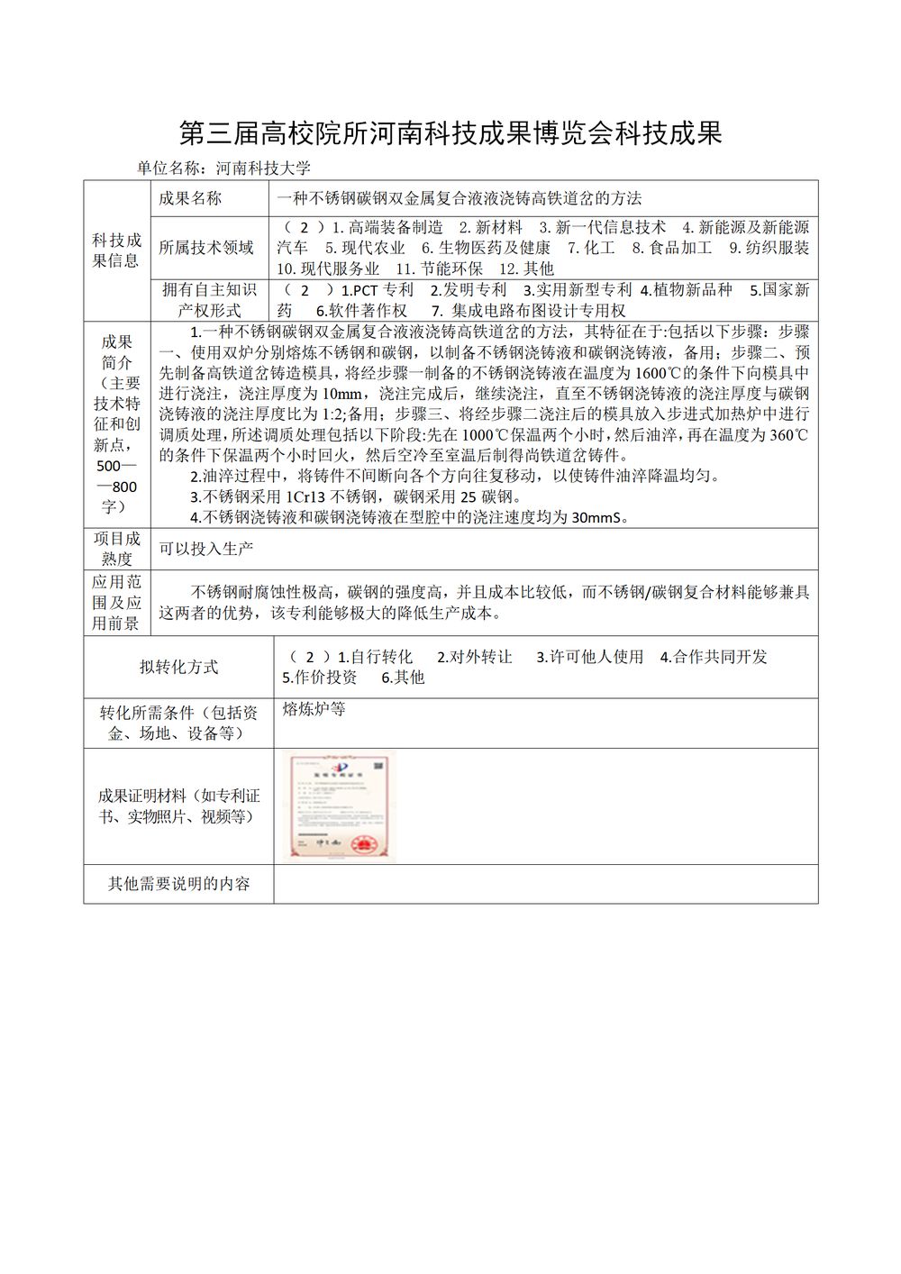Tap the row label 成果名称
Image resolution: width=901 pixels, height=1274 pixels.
point(190,198)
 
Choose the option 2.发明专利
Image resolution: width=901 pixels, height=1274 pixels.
point(469,290)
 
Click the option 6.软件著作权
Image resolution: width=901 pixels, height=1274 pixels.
point(361,311)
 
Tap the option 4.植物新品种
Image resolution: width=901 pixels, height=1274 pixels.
point(687,290)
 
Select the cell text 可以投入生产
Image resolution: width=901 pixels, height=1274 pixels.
point(206,548)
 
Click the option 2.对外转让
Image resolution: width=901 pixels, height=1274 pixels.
point(475,657)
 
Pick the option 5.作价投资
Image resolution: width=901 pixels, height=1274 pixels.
point(320,678)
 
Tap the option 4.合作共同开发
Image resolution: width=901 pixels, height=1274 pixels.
point(714,657)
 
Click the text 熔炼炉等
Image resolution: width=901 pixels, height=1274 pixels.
point(314,709)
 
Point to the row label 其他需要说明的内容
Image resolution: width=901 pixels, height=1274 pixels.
point(179,884)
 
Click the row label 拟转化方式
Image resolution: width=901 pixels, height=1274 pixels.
point(179,667)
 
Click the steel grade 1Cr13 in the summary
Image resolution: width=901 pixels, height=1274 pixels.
point(306,496)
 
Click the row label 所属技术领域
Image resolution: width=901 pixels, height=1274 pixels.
point(206,248)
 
